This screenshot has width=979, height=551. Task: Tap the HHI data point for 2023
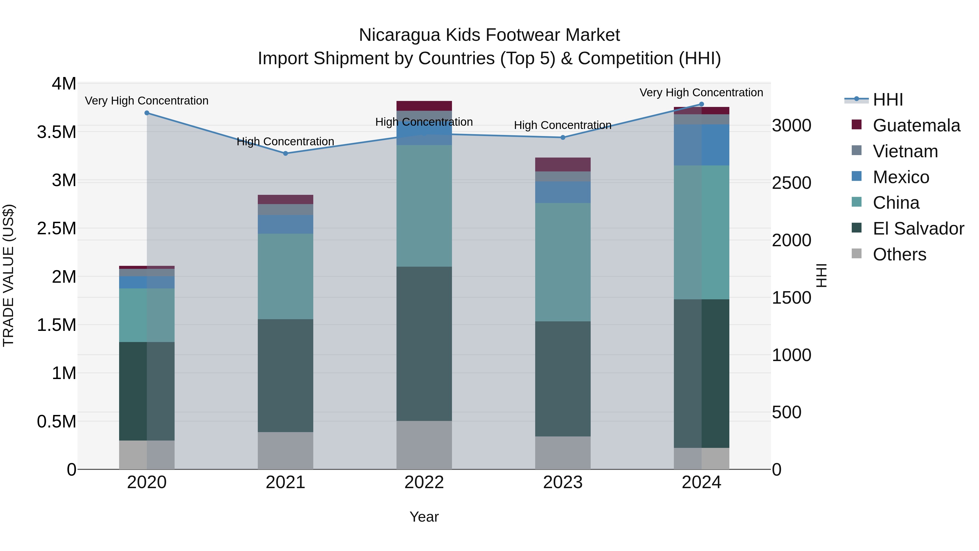(x=563, y=138)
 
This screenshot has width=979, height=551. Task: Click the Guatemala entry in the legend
(x=916, y=125)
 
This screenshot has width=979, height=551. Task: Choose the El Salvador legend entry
(x=918, y=229)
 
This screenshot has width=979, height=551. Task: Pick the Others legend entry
(x=899, y=254)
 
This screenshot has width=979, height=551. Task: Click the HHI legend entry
(x=888, y=100)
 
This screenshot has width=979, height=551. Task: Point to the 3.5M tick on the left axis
(x=57, y=132)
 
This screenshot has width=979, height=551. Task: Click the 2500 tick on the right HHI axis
(x=792, y=183)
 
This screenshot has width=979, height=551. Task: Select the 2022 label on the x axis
(x=424, y=482)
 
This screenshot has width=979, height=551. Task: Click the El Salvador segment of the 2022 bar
(x=424, y=343)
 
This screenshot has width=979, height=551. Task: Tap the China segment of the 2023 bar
(x=563, y=262)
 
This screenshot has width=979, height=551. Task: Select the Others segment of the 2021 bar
(x=286, y=451)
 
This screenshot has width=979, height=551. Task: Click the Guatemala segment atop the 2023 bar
(x=563, y=164)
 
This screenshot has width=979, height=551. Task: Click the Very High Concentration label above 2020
(x=147, y=101)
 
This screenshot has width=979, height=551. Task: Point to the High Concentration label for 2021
(x=286, y=141)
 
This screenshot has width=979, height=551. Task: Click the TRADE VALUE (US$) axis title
(x=8, y=276)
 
